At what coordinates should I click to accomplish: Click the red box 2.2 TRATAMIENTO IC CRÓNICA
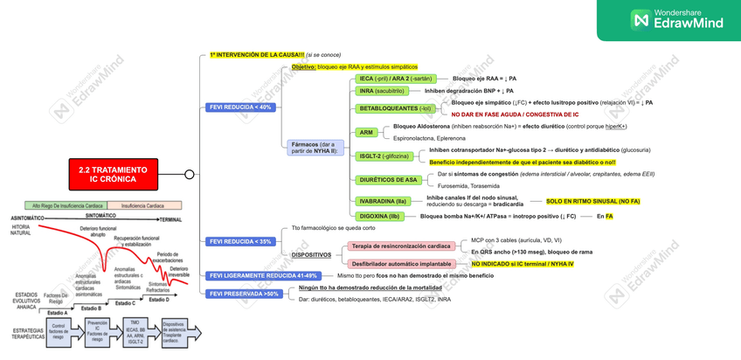(x=114, y=174)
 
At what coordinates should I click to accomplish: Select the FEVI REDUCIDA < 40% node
(x=240, y=107)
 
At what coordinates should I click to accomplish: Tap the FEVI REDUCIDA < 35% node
(x=240, y=241)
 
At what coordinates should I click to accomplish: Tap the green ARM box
(x=367, y=133)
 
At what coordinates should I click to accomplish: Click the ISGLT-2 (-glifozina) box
(x=384, y=156)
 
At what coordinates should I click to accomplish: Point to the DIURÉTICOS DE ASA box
(x=388, y=180)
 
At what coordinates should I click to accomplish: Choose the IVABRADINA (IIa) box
(x=383, y=202)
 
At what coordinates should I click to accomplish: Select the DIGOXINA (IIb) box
(x=379, y=216)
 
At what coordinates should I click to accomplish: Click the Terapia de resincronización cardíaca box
(x=401, y=246)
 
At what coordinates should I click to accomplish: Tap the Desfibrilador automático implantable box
(x=401, y=264)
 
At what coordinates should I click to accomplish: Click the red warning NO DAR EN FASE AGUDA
(x=515, y=114)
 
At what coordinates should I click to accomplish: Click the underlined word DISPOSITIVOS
(x=311, y=255)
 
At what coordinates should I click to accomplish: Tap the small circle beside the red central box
(x=190, y=175)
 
